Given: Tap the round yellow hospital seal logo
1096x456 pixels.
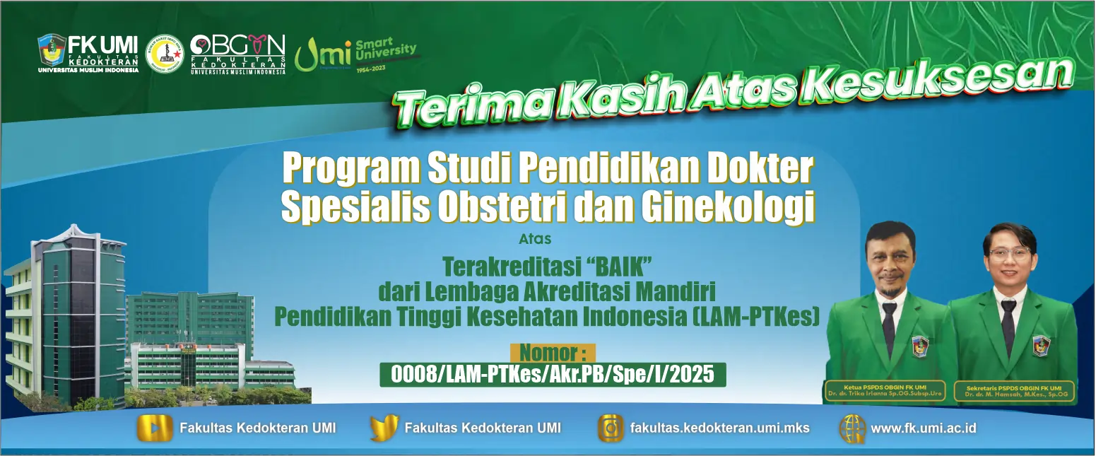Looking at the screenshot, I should click(164, 54).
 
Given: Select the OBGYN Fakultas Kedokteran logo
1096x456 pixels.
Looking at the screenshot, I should click(237, 54).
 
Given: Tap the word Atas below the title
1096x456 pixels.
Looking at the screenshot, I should click(535, 239).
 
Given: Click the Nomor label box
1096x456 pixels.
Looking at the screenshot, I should click(553, 352).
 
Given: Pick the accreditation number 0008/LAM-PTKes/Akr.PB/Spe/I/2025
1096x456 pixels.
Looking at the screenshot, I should click(553, 374).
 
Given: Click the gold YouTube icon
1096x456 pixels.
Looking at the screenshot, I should click(155, 428).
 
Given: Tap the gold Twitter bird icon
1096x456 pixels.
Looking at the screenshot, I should click(384, 428).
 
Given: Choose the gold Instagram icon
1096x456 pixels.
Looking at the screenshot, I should click(611, 428).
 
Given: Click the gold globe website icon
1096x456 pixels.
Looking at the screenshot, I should click(852, 428).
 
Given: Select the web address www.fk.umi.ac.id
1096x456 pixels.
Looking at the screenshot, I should click(923, 428).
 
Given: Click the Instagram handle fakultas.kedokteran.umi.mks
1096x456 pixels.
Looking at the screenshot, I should click(719, 428).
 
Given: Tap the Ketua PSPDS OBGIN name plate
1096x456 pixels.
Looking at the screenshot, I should click(884, 391).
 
